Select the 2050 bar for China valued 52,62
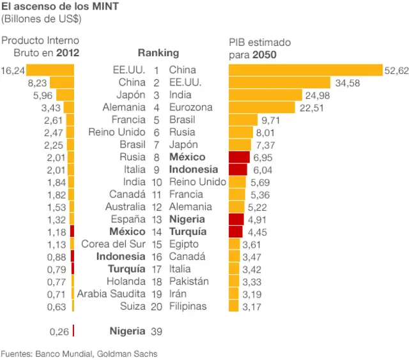tap(305, 70)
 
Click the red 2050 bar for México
tap(239, 157)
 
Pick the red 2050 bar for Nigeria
tap(236, 219)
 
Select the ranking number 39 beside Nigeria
tap(157, 331)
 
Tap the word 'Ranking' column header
tap(158, 53)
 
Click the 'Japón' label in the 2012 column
tap(130, 95)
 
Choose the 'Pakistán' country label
tap(189, 281)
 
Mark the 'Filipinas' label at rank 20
tap(188, 306)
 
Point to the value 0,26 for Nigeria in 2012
tap(59, 331)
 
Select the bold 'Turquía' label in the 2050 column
tap(188, 232)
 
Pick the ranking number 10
tap(157, 182)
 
